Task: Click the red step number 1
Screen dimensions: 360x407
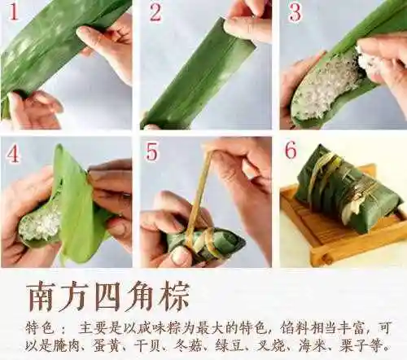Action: pyautogui.click(x=14, y=13)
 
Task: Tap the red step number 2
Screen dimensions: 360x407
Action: pyautogui.click(x=155, y=13)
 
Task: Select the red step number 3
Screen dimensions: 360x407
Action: pyautogui.click(x=295, y=13)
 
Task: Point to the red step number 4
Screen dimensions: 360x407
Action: pyautogui.click(x=14, y=152)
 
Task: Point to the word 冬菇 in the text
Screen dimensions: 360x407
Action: pyautogui.click(x=203, y=345)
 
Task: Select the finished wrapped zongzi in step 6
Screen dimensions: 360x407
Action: pyautogui.click(x=345, y=191)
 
